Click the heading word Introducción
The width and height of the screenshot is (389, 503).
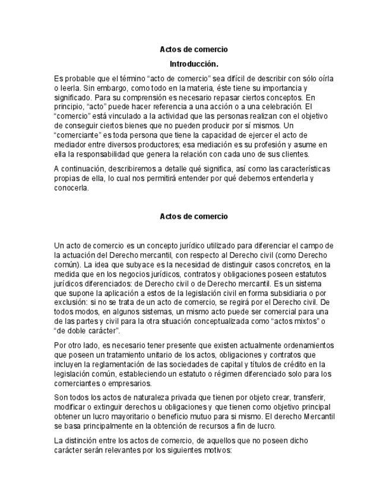(194, 63)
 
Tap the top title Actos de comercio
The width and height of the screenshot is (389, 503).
(194, 49)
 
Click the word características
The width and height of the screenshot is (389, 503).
(300, 169)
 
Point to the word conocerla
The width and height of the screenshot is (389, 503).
(71, 188)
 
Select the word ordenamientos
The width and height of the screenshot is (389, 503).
(305, 345)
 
